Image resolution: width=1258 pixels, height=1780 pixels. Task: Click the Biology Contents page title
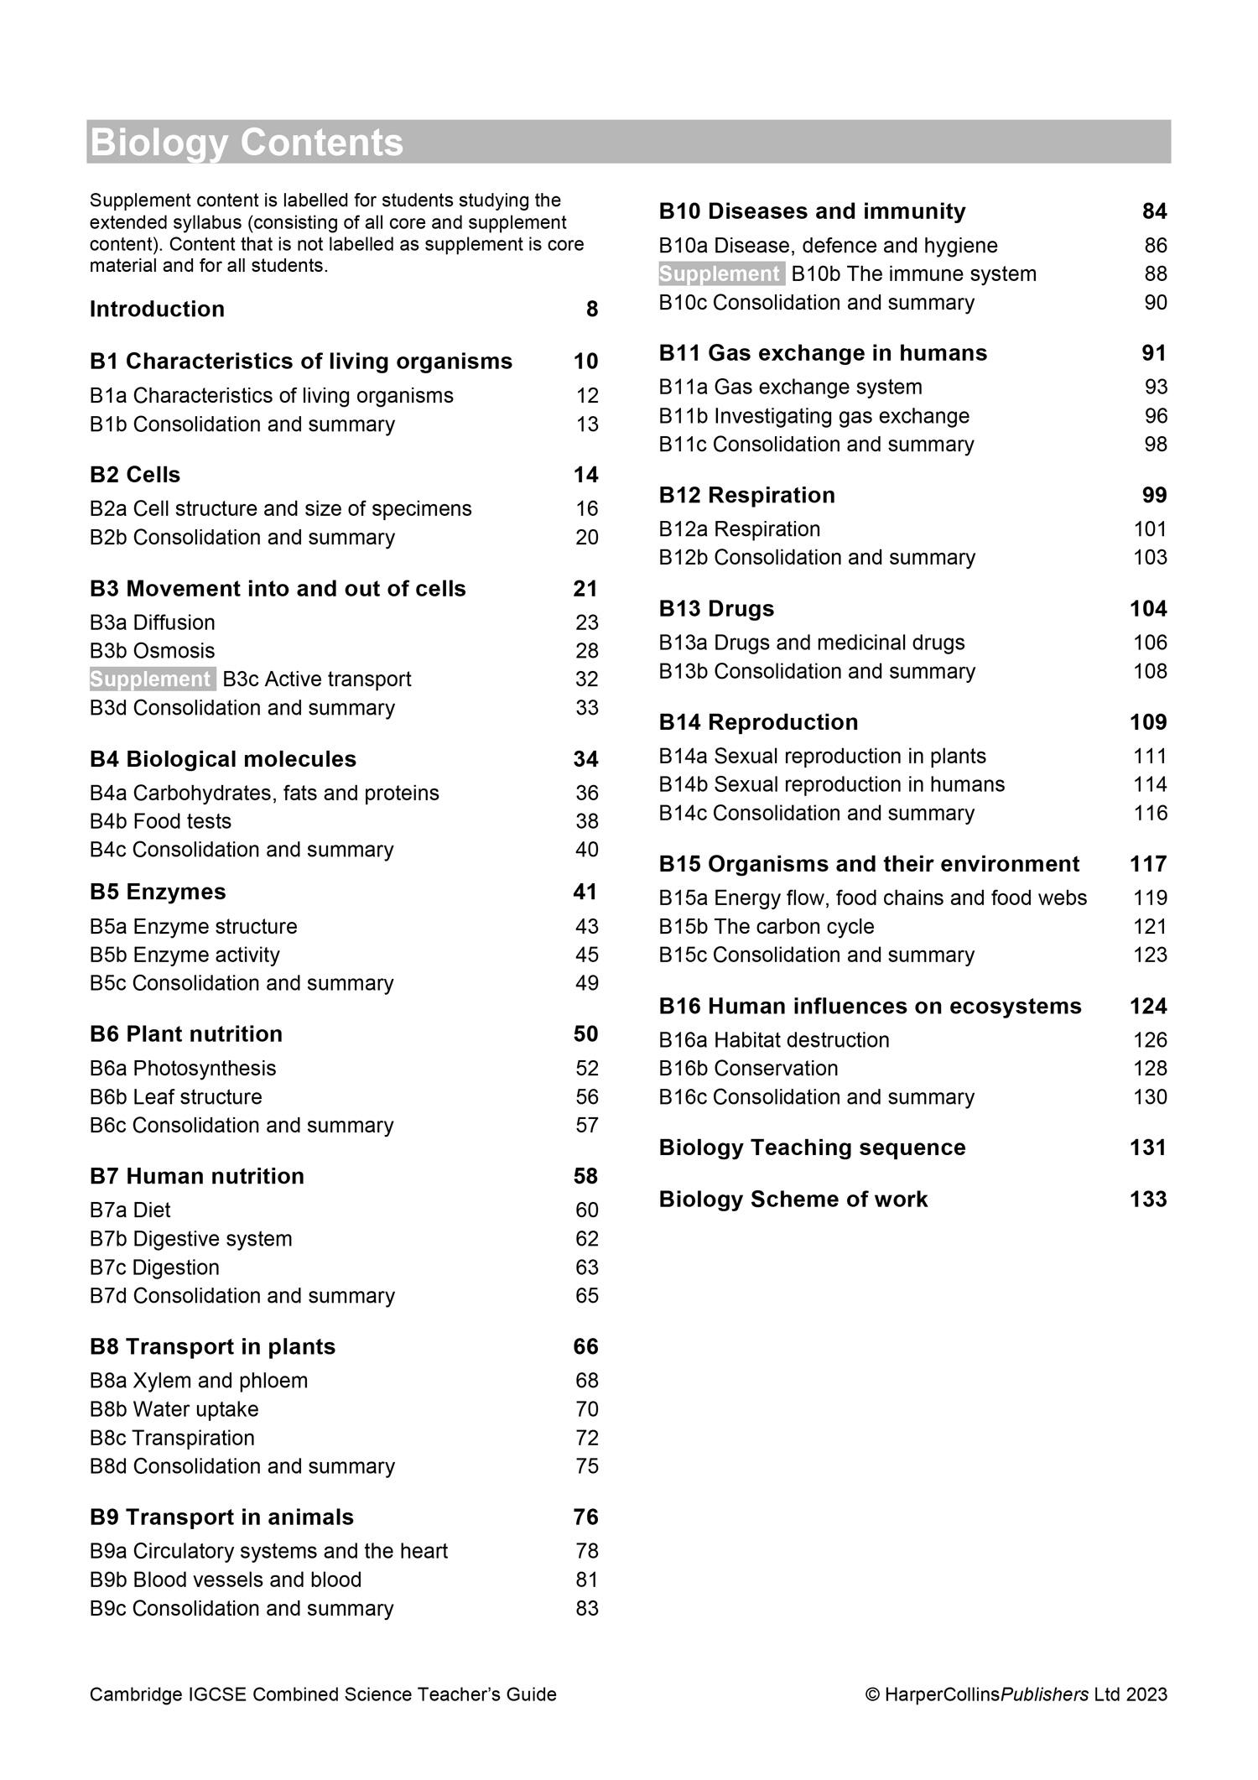point(247,143)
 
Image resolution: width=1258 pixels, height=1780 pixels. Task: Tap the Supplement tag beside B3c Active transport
point(152,679)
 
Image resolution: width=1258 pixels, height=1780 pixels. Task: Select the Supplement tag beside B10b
point(721,274)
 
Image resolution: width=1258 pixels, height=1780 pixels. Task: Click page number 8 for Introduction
point(592,310)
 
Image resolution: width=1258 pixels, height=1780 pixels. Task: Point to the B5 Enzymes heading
point(158,892)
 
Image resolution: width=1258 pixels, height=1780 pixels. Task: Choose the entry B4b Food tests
point(160,821)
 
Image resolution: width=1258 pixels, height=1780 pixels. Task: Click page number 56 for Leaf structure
point(587,1097)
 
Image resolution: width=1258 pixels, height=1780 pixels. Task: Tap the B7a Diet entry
point(130,1210)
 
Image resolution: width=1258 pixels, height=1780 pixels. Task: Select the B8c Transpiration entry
point(172,1438)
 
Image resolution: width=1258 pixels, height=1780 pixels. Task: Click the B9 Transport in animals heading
point(221,1517)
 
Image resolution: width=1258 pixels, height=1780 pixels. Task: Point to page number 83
point(587,1608)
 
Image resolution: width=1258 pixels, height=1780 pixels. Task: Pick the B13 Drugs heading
point(716,609)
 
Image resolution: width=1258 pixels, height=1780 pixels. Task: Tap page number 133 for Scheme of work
point(1148,1200)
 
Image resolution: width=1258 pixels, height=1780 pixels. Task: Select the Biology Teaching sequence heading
point(812,1148)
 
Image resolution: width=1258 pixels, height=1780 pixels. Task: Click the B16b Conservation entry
point(748,1069)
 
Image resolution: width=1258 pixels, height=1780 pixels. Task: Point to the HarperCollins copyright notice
point(1016,1694)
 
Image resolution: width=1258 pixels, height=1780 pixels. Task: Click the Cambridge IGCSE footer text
point(323,1694)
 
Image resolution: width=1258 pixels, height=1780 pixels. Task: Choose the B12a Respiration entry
point(740,529)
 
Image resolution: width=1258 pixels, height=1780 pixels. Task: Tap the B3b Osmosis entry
point(152,651)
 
